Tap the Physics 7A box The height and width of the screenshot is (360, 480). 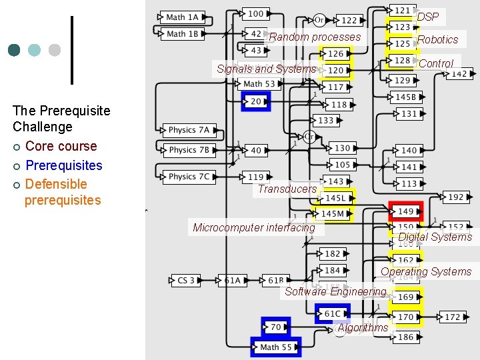pos(189,130)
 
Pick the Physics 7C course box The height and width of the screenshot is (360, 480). pos(189,177)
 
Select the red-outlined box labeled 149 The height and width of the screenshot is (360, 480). pos(406,211)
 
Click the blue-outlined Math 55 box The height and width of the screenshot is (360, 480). pos(276,347)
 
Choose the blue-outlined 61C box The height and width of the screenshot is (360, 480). pos(333,313)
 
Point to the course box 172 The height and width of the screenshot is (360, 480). pos(453,317)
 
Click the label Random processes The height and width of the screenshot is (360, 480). pos(315,37)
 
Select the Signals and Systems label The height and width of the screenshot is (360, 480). pos(266,69)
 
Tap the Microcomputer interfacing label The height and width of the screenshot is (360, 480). pos(253,227)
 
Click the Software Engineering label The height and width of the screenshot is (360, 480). pos(335,291)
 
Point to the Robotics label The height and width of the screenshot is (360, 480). pos(437,39)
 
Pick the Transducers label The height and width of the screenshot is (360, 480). pos(287,189)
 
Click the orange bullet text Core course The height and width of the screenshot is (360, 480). pos(61,146)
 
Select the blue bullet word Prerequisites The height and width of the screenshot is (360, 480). pos(63,165)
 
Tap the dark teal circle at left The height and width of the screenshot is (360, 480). pos(14,50)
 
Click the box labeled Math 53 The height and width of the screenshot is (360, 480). pos(259,84)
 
